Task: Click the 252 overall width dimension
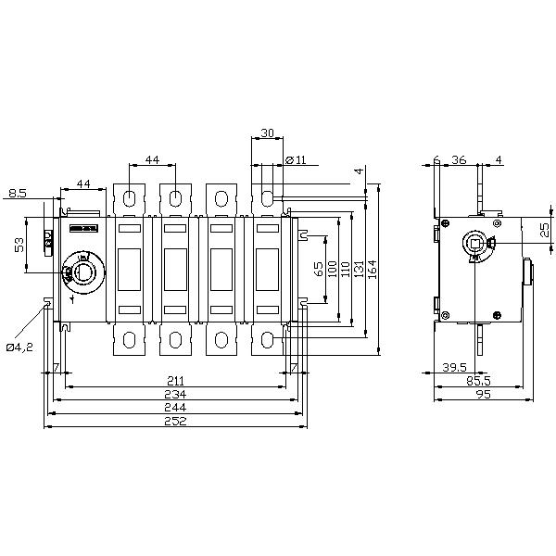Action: [x=174, y=420]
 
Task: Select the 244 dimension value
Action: [x=174, y=407]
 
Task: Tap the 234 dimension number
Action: [x=174, y=393]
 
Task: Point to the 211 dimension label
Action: [x=174, y=380]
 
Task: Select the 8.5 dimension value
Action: [x=18, y=193]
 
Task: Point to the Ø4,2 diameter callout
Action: [x=19, y=347]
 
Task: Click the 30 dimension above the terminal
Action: [x=267, y=133]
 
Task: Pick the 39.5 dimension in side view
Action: [x=454, y=367]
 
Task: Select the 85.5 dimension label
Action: [x=478, y=380]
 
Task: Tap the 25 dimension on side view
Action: [x=544, y=228]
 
